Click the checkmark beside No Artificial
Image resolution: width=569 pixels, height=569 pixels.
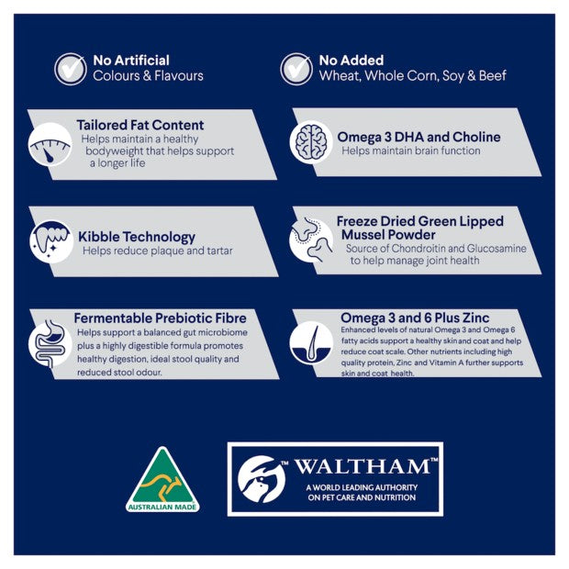click(71, 69)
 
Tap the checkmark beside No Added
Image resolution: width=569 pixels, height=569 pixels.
click(296, 69)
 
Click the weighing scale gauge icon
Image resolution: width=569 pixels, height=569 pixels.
click(50, 144)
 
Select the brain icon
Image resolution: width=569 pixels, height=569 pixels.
click(311, 142)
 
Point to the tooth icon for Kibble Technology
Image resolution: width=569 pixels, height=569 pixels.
click(51, 241)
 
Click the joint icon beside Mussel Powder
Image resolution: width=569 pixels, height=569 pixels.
click(311, 240)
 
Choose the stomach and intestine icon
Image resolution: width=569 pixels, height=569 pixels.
click(50, 343)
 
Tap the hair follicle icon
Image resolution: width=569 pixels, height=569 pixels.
click(311, 342)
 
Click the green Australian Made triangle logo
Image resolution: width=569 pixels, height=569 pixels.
click(162, 479)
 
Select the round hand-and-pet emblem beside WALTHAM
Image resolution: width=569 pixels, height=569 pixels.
click(262, 479)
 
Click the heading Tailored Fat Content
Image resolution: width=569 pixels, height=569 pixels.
click(140, 125)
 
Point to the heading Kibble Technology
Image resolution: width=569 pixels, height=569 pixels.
click(137, 237)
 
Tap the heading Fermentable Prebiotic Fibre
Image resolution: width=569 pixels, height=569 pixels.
click(161, 318)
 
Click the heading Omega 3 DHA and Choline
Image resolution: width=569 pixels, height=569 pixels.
click(418, 137)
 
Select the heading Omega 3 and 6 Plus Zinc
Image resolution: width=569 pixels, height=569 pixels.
click(415, 318)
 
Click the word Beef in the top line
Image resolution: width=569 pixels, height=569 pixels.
click(493, 75)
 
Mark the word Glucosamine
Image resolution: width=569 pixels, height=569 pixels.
click(496, 248)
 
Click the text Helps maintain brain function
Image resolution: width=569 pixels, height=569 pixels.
click(411, 151)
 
